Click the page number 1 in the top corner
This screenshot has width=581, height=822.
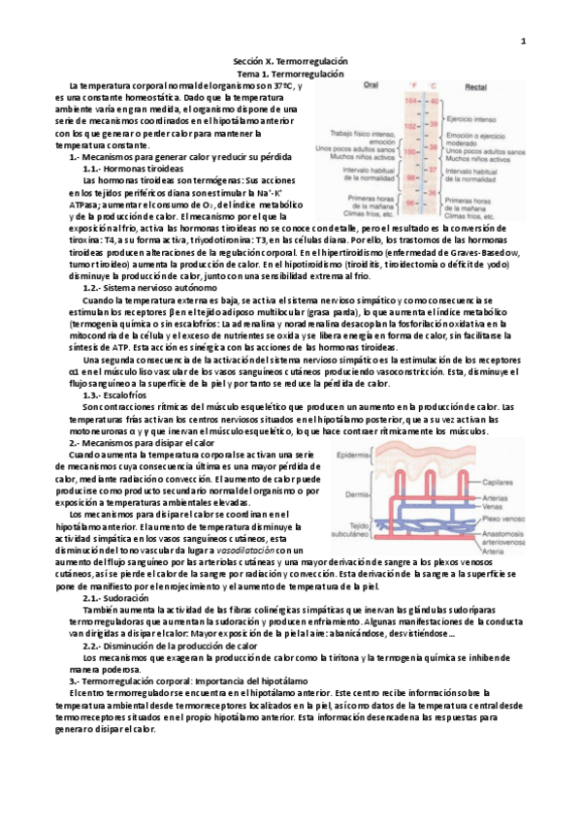click(523, 41)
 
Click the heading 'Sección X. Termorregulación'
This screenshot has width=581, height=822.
click(292, 62)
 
